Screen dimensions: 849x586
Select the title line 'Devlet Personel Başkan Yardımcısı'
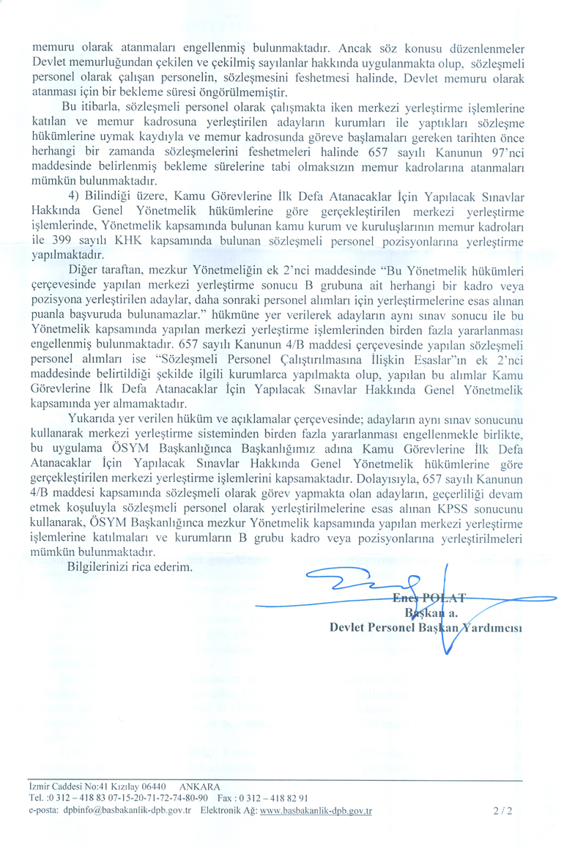420,627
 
